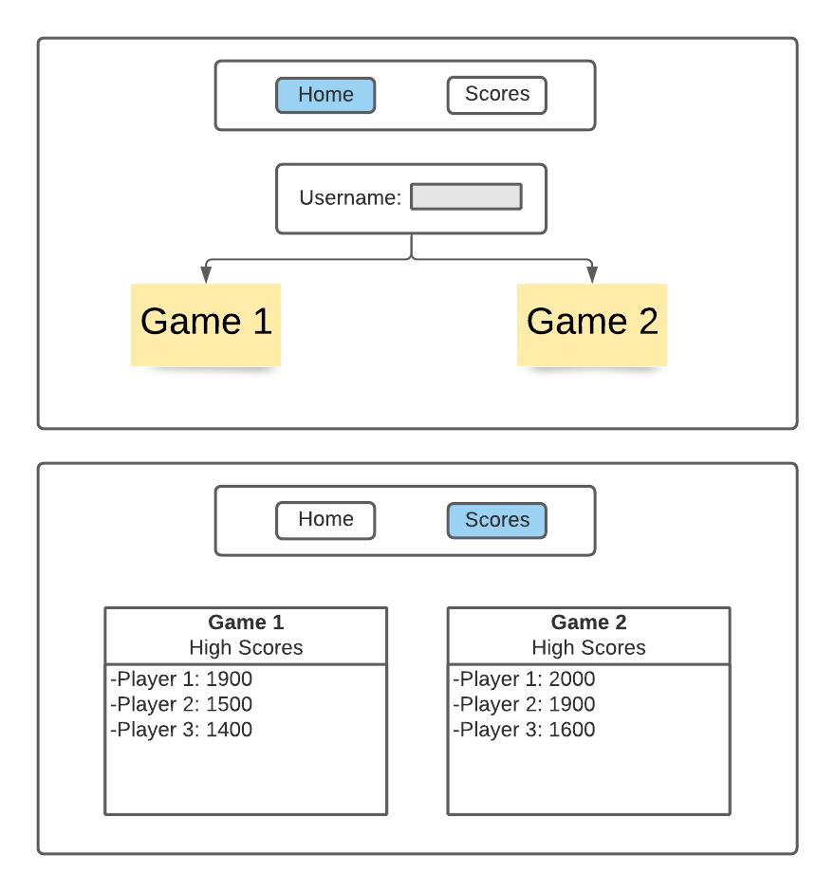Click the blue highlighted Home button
[325, 95]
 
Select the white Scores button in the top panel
[496, 95]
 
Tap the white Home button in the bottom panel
[325, 520]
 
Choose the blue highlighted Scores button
[496, 520]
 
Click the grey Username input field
[466, 196]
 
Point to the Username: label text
[350, 198]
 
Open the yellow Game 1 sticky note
[206, 324]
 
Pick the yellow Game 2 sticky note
[592, 324]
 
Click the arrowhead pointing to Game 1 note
[206, 274]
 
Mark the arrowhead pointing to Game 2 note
[592, 274]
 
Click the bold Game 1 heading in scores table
[246, 623]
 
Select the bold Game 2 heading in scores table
[588, 623]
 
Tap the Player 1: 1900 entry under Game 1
[182, 679]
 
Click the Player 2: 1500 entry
[182, 704]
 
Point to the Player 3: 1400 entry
[182, 730]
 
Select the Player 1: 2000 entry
[525, 679]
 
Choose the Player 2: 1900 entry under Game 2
[525, 704]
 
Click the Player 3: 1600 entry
[525, 730]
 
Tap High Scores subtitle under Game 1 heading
[246, 648]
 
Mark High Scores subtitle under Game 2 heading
[588, 648]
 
